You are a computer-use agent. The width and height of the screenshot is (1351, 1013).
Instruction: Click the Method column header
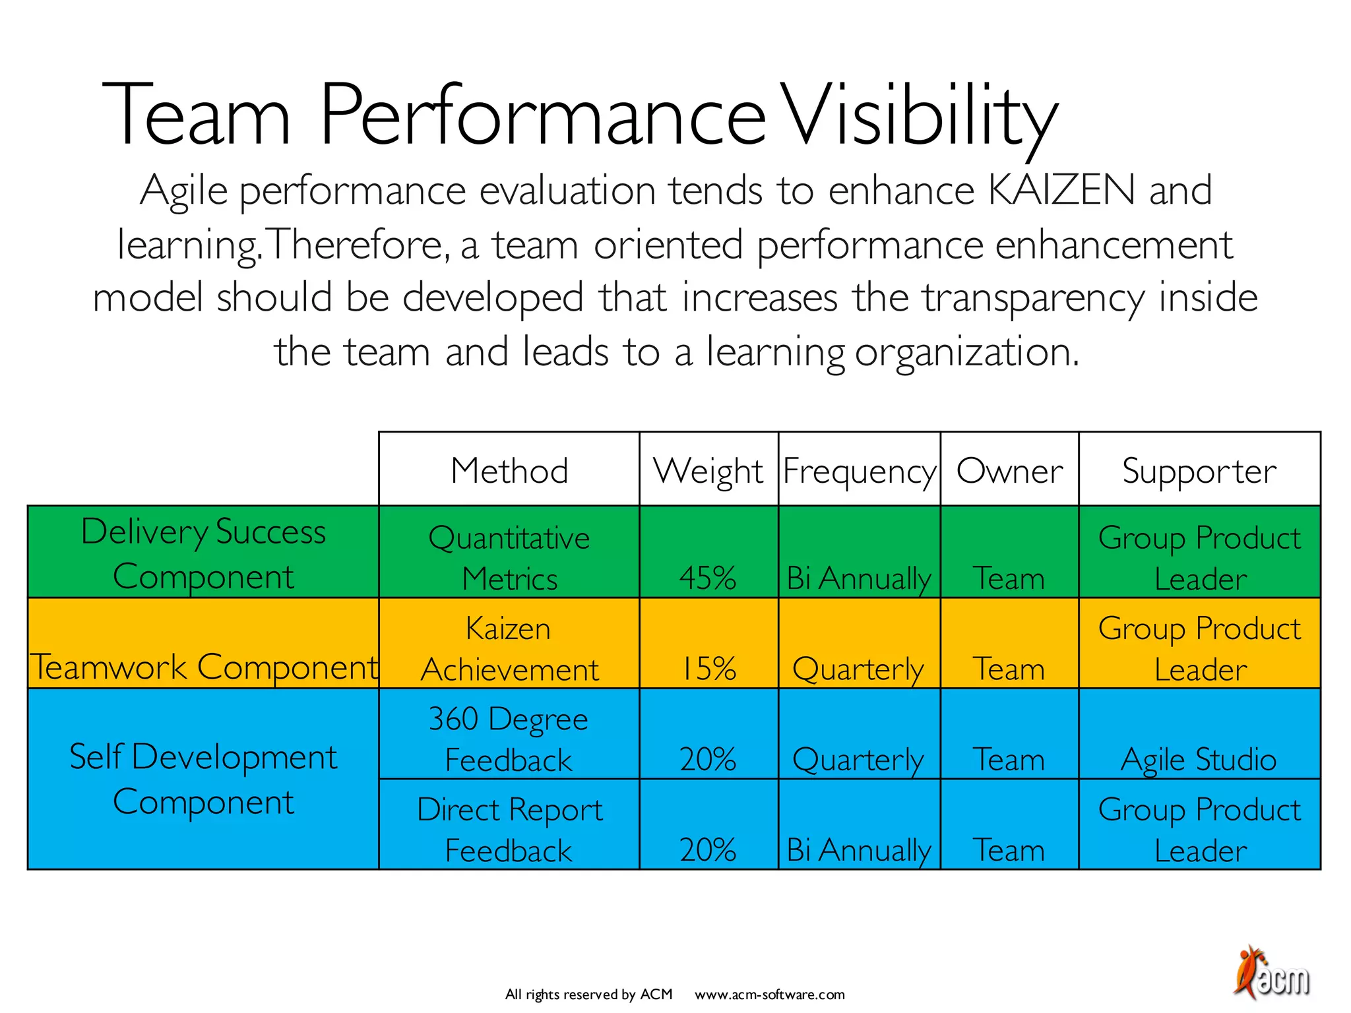coord(509,471)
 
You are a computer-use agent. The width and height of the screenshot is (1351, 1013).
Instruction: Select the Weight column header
coord(708,471)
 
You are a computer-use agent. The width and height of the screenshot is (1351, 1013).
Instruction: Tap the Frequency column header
coord(859,471)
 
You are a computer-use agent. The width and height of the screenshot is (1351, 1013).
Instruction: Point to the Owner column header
coord(1009,471)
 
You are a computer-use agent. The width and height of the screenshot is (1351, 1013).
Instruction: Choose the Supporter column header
coord(1199,471)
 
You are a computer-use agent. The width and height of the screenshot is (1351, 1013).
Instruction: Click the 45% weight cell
coord(708,578)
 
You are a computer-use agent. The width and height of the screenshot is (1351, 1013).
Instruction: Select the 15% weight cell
coord(708,668)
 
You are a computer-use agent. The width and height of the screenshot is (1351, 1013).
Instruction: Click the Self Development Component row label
coord(203,779)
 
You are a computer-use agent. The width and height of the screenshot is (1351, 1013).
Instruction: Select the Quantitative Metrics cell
coord(509,557)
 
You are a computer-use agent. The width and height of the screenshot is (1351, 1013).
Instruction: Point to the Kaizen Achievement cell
coord(509,648)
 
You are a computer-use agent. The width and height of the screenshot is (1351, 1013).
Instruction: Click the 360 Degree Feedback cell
coord(509,739)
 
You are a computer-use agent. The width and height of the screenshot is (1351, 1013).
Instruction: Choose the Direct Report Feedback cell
coord(509,829)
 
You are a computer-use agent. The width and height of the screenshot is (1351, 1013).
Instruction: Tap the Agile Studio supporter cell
coord(1199,759)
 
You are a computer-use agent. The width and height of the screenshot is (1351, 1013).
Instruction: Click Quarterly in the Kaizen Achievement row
coord(858,669)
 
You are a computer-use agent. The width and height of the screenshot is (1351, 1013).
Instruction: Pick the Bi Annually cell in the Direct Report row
coord(858,849)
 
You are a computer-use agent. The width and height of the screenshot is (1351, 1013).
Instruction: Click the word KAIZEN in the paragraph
coord(1061,191)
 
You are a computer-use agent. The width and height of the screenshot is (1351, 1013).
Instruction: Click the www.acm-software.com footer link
coord(769,995)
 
